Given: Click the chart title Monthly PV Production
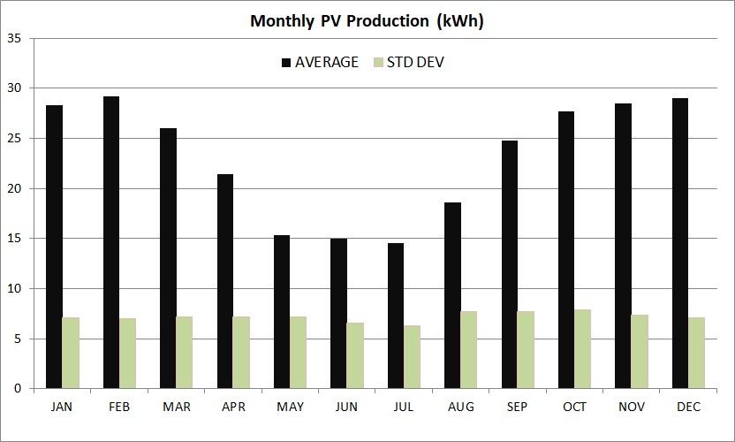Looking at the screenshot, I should (x=367, y=21).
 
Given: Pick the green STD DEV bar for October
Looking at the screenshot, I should (x=583, y=349).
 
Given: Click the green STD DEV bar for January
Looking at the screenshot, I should (x=71, y=353).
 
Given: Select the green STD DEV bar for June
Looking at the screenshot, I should (x=355, y=355).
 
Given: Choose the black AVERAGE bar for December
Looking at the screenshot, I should (x=680, y=243).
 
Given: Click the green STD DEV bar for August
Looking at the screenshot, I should (x=469, y=350).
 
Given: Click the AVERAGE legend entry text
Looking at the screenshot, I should (x=327, y=62).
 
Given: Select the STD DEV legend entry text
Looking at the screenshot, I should (x=415, y=62).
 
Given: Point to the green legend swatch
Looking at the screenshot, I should (x=379, y=63).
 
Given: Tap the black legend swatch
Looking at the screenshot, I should (x=286, y=63).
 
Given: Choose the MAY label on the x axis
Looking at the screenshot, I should (x=290, y=406).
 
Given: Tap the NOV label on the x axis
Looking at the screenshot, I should (x=631, y=406).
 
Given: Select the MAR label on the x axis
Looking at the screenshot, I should (x=176, y=406).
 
